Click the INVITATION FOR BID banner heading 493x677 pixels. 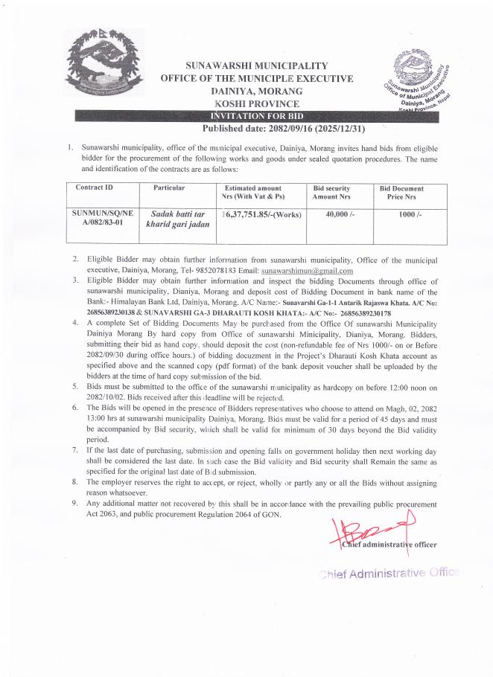tap(258, 116)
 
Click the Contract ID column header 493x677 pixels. tap(95, 188)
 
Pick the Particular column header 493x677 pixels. tap(169, 188)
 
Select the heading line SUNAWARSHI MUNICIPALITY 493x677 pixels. tap(257, 66)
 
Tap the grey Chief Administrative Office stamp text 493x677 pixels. tap(390, 573)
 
